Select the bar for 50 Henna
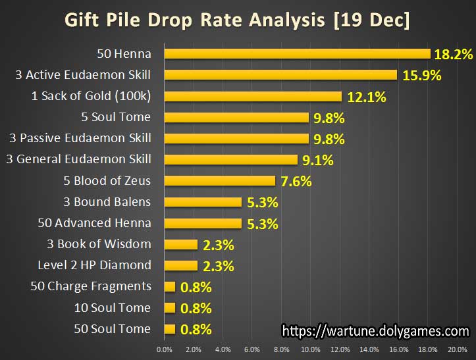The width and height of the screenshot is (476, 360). pos(297,54)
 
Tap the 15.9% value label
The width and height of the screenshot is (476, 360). pos(421,75)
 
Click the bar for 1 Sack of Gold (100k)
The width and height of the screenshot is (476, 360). pos(253,96)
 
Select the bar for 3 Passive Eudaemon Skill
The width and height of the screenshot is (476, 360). pos(236,138)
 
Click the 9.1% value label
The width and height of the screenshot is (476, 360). pos(317,159)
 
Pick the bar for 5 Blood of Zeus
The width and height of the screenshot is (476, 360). pos(219,181)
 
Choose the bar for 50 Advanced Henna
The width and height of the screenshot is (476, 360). pos(203,223)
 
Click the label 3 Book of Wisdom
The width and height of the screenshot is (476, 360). pos(99,244)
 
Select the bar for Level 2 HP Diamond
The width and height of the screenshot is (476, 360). pos(180,265)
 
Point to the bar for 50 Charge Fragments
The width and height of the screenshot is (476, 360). pos(170,286)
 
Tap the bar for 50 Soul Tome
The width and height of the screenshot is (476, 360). pos(170,328)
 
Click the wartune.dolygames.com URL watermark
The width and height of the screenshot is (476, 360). pos(375,330)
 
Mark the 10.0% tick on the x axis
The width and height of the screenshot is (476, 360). pos(311,349)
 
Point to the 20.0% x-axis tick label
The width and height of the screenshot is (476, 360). pos(458,349)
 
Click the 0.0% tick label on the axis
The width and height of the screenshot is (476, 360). pos(164,349)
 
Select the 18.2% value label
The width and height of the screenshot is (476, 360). pos(454,54)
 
